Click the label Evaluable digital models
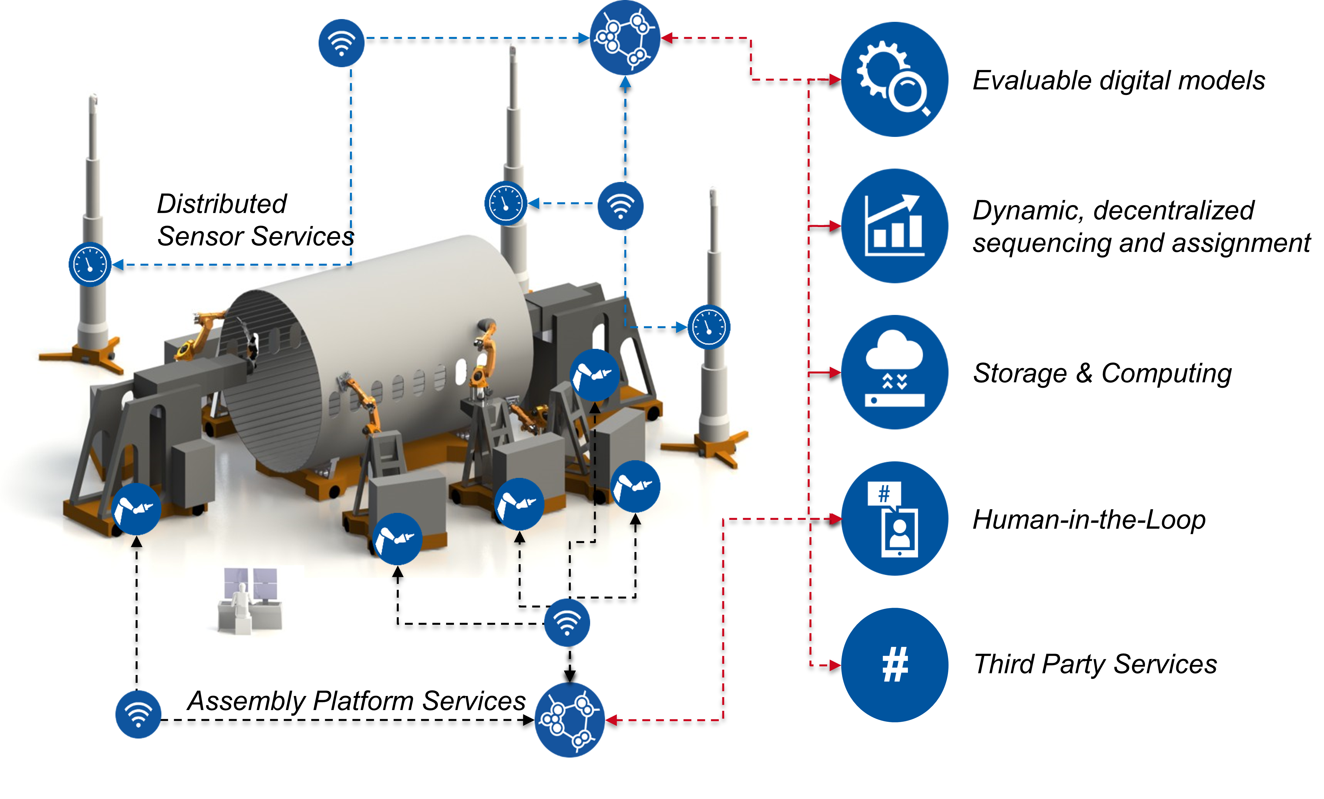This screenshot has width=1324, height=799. click(1118, 81)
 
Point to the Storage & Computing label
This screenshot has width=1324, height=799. click(1102, 373)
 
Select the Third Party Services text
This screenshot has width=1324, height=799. click(1095, 664)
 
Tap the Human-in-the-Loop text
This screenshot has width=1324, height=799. click(1089, 520)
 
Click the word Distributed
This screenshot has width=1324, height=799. click(221, 204)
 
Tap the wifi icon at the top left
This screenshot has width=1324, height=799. click(341, 43)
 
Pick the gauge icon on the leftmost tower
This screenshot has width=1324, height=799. click(90, 264)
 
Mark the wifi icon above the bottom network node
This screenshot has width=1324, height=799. click(567, 623)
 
